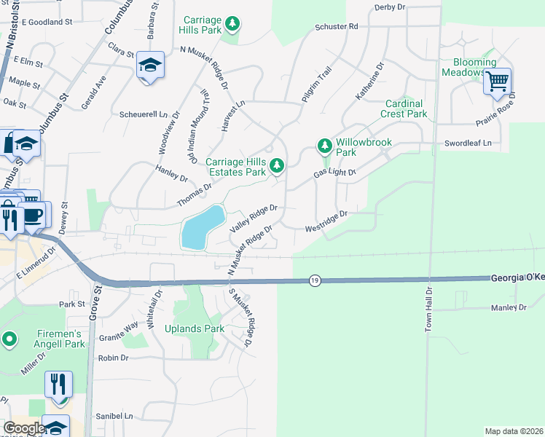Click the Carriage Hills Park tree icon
coord(232,25)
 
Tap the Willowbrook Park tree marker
coord(325,146)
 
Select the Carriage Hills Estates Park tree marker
coord(276,167)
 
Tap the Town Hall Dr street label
coord(429,310)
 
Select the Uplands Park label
coord(194,328)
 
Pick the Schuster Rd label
coord(337,26)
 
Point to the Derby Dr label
coord(389,7)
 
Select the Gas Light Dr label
coord(334,173)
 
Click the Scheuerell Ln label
coord(144,114)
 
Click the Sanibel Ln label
coord(119,416)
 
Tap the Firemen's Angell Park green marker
coord(9,339)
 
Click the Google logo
coord(23,428)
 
